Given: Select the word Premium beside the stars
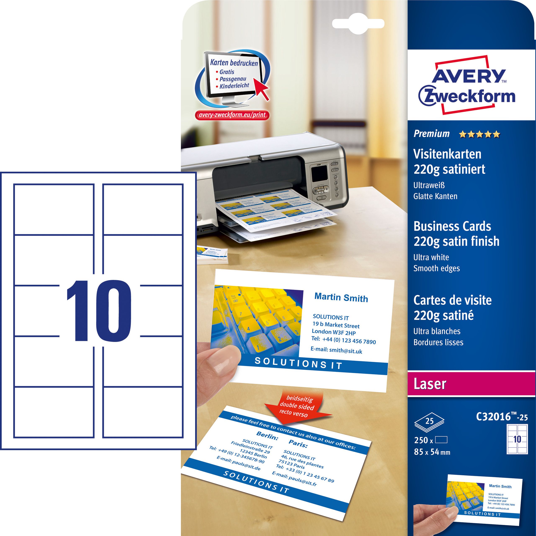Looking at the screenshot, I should (x=431, y=134).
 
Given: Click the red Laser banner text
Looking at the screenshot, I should (x=430, y=384).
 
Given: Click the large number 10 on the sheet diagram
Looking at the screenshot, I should (x=98, y=311).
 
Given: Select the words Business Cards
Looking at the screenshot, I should (x=452, y=226).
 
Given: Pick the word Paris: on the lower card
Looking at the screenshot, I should (x=298, y=444).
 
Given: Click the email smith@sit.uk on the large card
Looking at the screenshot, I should (x=336, y=350).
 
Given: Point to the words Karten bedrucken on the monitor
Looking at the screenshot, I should (x=234, y=63).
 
